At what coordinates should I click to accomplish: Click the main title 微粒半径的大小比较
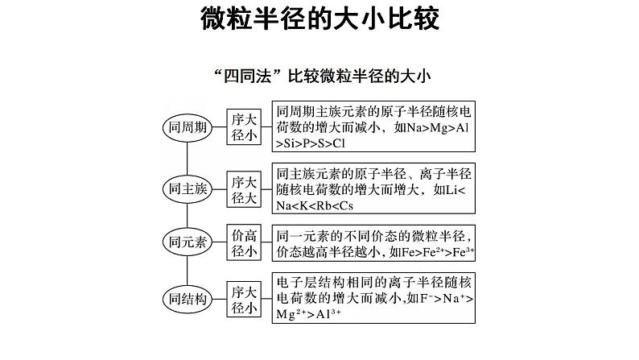coord(319,21)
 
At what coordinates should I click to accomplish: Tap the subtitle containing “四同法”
coord(319,77)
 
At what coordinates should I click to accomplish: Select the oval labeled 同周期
coord(188,127)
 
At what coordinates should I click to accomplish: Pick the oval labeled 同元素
coord(188,243)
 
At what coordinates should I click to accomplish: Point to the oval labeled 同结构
coord(188,299)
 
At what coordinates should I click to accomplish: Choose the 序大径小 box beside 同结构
coord(243,299)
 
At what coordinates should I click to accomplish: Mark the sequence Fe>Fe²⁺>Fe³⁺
coord(432,252)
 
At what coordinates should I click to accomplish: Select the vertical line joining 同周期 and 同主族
coord(188,157)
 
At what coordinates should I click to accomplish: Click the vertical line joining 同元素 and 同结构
coord(188,271)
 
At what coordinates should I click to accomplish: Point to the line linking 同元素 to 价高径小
coord(217,243)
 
